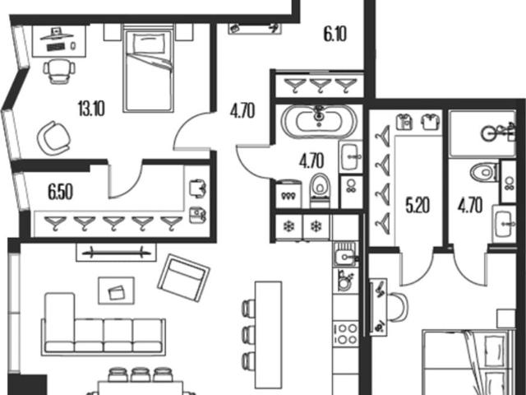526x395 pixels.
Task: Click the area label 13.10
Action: (91, 109)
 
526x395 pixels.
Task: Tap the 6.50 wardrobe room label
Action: (60, 193)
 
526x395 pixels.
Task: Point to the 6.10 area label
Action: (335, 35)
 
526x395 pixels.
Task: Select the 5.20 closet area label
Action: (418, 206)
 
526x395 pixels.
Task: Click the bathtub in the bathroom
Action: (319, 123)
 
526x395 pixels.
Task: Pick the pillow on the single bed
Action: (149, 44)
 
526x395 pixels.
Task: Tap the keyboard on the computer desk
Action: (57, 48)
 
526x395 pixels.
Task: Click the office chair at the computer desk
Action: (59, 72)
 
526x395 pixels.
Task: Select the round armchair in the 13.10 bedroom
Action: (53, 138)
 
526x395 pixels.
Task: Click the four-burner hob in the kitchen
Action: (345, 334)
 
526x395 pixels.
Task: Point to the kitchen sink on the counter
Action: (345, 254)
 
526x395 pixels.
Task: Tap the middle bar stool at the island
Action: (248, 334)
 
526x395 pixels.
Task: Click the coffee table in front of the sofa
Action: (116, 290)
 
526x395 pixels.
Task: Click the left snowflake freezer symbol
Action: (288, 227)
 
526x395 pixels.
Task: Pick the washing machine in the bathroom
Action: (288, 194)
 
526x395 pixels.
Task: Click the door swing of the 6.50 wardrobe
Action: (125, 180)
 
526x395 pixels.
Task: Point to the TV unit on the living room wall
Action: (116, 252)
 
